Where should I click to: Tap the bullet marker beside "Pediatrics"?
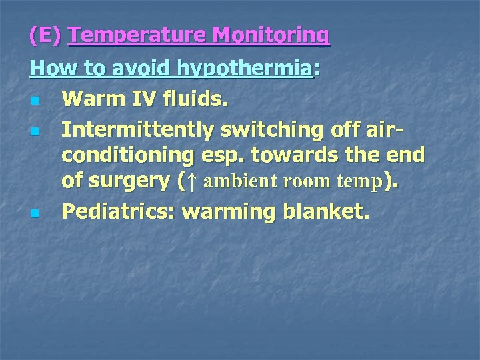(x=34, y=214)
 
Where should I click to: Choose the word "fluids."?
(x=193, y=101)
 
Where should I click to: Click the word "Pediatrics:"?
(x=118, y=212)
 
